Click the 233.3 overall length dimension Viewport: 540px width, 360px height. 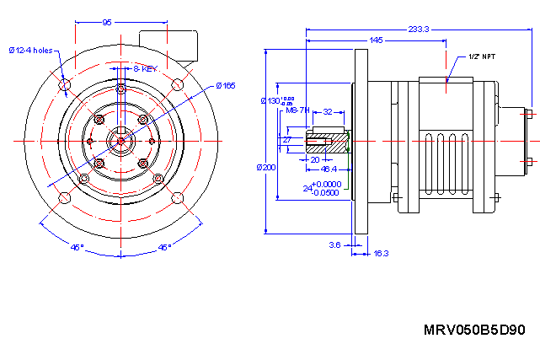419,29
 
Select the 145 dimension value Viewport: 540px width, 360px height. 377,40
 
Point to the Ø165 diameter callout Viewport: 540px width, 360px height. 224,85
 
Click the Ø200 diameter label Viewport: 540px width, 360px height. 266,167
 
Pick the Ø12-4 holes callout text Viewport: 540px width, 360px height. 31,51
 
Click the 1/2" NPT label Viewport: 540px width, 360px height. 481,58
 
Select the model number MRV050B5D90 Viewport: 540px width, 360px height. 474,330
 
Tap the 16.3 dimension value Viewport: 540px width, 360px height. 381,252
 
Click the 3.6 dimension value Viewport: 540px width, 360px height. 334,244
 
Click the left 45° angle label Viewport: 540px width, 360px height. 77,247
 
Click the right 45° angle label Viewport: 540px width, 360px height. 164,247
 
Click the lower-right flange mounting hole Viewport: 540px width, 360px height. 178,197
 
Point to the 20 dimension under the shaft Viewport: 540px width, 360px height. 315,159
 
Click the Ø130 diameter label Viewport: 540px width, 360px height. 274,101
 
